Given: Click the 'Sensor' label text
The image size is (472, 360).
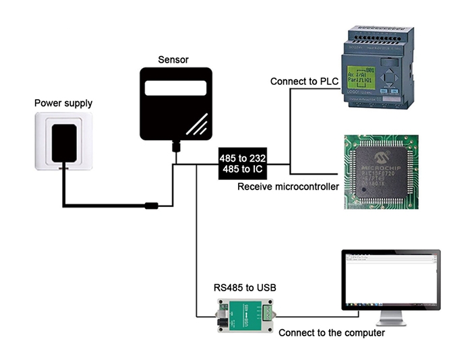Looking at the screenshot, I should click(x=173, y=59).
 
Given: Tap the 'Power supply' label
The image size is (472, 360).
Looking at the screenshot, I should click(x=63, y=103).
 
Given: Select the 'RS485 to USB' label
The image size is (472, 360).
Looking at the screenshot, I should click(x=245, y=288).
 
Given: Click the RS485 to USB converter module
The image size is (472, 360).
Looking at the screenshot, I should click(x=245, y=316).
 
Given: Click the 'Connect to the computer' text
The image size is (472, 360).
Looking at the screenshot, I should click(x=331, y=333).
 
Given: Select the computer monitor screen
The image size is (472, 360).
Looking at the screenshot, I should click(x=390, y=279).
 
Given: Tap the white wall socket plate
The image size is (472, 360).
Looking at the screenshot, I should click(x=64, y=141).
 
